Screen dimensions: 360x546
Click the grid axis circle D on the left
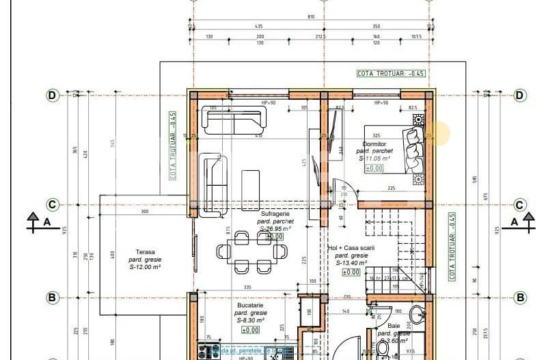click(52, 95)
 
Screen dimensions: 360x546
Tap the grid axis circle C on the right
click(519, 205)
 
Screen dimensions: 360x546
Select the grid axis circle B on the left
click(52, 297)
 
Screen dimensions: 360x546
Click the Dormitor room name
click(375, 144)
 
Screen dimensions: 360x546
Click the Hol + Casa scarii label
click(351, 248)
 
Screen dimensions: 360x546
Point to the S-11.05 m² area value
click(374, 158)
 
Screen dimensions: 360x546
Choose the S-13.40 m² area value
click(351, 262)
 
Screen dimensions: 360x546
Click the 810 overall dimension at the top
click(311, 16)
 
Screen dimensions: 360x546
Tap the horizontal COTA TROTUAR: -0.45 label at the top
click(390, 73)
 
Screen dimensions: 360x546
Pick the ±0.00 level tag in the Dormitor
click(374, 168)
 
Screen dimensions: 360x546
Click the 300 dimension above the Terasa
click(144, 212)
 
